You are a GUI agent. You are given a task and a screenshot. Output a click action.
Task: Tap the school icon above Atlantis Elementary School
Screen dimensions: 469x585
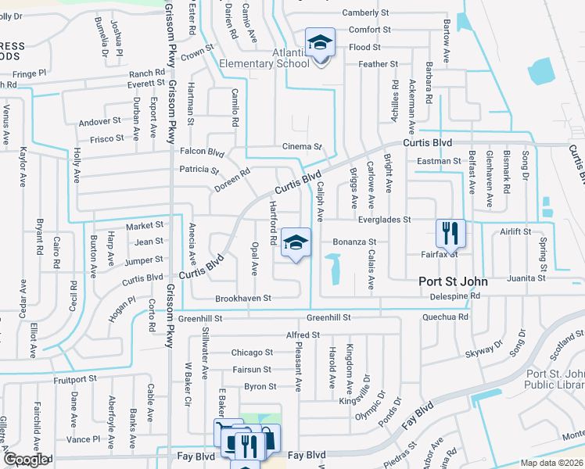point(319,44)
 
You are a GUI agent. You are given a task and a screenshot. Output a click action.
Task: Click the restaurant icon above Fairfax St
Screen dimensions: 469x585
point(451,232)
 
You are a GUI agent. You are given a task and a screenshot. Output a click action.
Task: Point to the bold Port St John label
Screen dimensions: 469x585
point(453,281)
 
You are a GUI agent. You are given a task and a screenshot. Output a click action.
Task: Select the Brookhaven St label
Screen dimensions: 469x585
point(244,299)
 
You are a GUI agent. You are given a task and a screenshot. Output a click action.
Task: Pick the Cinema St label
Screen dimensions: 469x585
point(303,147)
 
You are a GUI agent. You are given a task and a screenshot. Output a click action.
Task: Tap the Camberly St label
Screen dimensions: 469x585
point(365,13)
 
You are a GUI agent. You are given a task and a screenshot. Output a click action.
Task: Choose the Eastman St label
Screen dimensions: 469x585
point(440,161)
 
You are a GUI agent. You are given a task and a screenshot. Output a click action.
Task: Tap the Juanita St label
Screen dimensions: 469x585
point(526,278)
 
